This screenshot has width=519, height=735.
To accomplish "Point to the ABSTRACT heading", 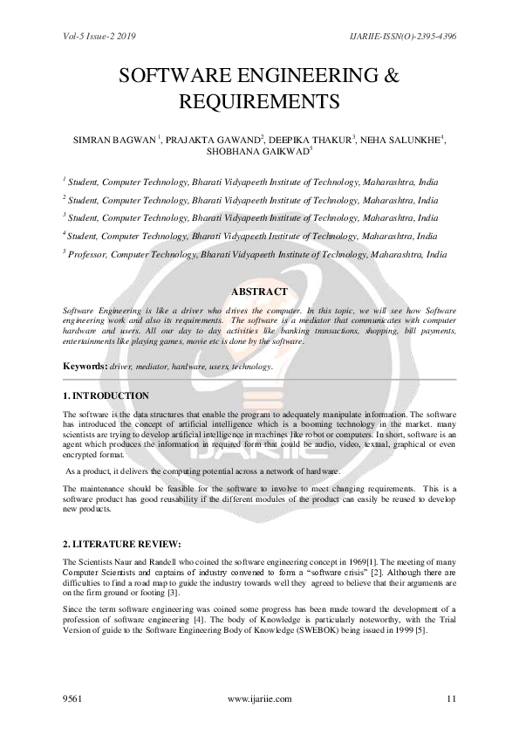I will (259, 291).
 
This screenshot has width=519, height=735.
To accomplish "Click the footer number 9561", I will (73, 698).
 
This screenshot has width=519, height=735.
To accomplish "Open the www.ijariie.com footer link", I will (259, 698).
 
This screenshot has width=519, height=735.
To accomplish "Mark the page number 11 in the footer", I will (451, 698).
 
